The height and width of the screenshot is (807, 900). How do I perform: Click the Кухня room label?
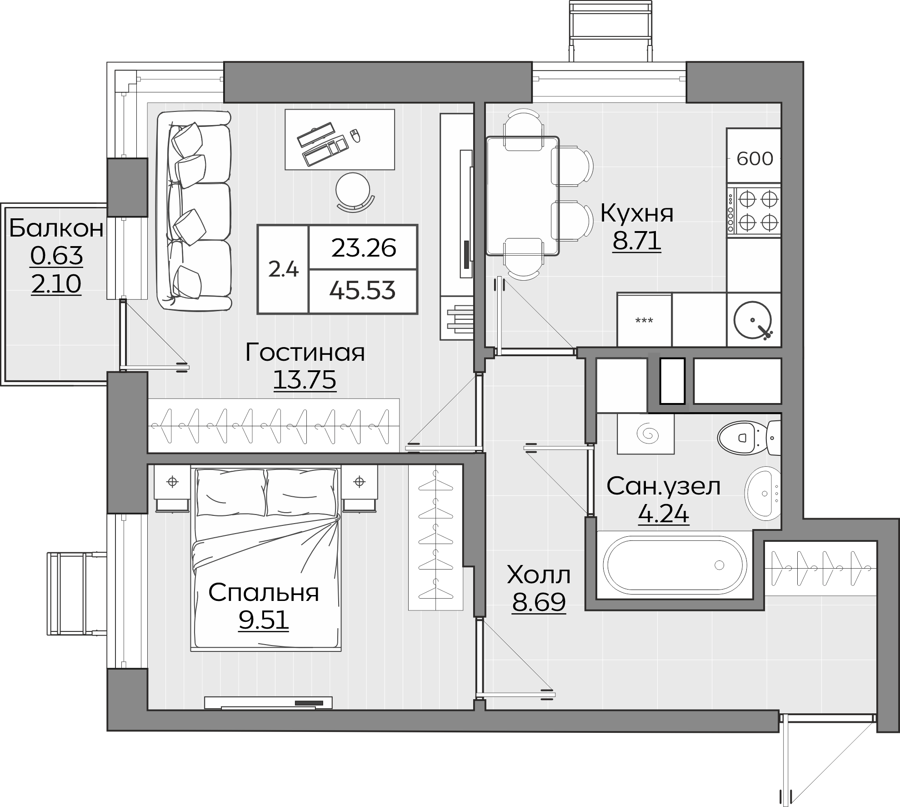click(x=637, y=213)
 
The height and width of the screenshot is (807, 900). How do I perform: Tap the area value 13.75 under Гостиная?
click(x=305, y=380)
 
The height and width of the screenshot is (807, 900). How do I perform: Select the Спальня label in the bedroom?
click(x=264, y=593)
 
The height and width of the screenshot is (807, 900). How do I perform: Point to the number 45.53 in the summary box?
click(x=362, y=291)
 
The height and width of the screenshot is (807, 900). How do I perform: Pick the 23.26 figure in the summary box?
click(x=364, y=248)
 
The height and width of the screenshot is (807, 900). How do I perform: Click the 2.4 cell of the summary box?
click(x=283, y=270)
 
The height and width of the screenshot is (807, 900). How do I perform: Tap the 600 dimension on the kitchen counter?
click(x=755, y=159)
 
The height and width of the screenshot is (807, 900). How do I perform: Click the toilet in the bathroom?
click(x=749, y=438)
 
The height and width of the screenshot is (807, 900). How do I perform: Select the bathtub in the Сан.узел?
click(x=675, y=565)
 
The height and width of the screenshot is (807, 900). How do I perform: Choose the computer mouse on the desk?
click(x=355, y=135)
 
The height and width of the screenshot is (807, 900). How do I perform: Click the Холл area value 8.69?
click(x=539, y=603)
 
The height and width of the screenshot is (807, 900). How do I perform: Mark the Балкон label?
click(x=56, y=228)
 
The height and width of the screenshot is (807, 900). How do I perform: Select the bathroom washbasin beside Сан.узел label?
click(x=763, y=494)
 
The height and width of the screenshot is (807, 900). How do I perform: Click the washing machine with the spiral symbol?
click(x=645, y=434)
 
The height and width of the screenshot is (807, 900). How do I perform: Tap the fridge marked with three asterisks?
click(x=644, y=320)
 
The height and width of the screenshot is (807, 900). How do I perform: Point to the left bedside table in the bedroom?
click(x=172, y=488)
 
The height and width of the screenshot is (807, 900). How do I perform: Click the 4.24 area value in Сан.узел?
click(x=664, y=514)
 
